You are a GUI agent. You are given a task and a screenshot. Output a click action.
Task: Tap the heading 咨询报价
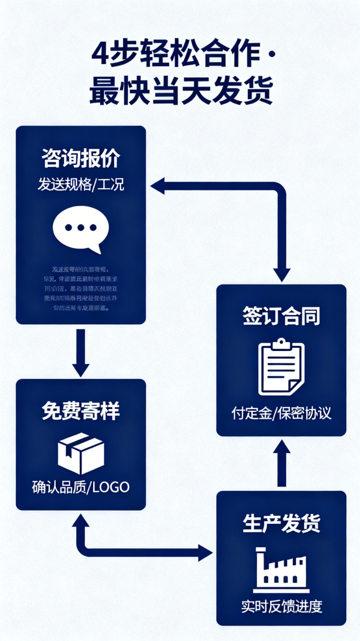tap(81, 159)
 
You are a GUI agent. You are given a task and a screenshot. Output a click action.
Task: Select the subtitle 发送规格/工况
tap(81, 184)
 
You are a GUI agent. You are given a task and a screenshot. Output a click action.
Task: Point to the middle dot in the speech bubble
tap(80, 227)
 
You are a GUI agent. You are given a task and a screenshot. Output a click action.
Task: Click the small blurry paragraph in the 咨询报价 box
tap(80, 288)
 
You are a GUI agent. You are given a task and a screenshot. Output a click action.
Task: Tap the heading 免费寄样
tap(81, 411)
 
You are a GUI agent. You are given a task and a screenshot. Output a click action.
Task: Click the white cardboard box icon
tap(81, 453)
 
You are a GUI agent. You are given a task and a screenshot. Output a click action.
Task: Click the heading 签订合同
tap(281, 316)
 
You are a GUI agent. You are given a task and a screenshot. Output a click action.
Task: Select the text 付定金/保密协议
tap(281, 413)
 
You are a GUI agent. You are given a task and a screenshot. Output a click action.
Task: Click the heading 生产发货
tap(281, 523)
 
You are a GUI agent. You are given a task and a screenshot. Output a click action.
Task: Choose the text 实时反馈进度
tap(281, 607)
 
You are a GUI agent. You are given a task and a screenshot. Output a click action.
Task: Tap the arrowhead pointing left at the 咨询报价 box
tap(157, 186)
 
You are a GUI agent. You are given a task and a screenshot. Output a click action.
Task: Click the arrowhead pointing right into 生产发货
tap(206, 553)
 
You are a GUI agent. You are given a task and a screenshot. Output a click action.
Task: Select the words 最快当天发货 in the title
tap(181, 91)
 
